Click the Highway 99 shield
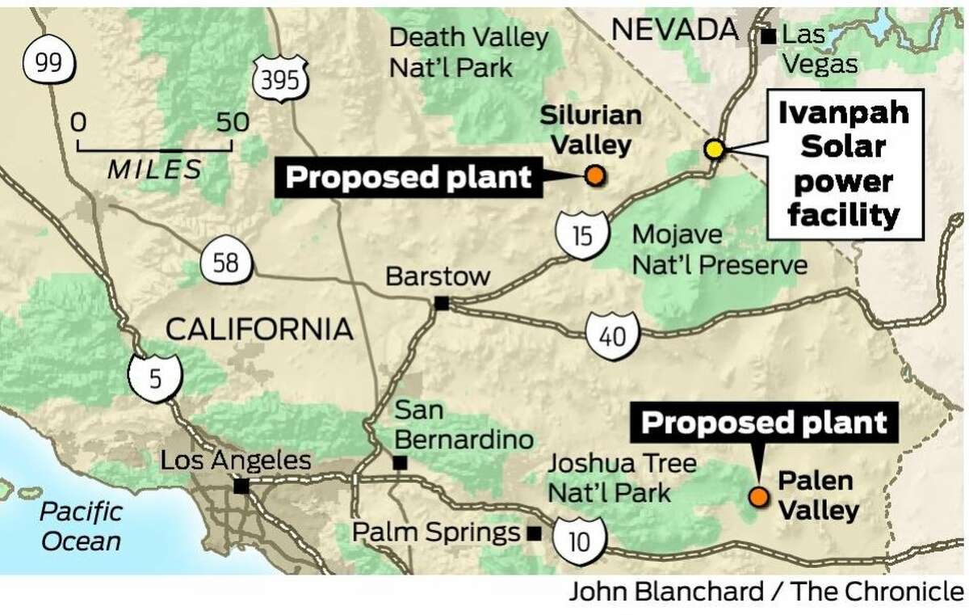pos(49,63)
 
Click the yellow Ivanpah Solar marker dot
pos(713,149)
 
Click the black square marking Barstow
pos(441,304)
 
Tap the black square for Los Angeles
pos(241,487)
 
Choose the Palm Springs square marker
pos(533,533)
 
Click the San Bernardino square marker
pos(399,464)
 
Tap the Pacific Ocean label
pos(81,525)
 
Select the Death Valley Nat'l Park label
pos(468,52)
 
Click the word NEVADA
pos(675,31)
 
